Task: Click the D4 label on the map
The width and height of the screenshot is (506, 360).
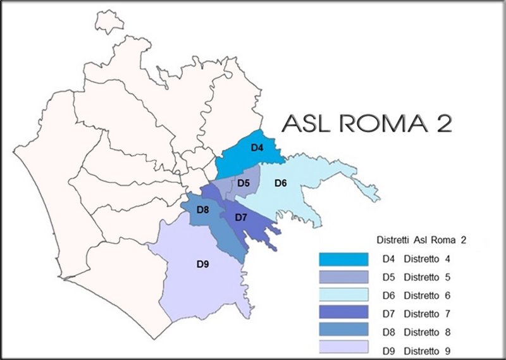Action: [x=257, y=148]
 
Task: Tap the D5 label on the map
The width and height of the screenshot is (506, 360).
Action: [x=244, y=183]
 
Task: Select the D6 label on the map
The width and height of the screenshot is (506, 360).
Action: [x=281, y=183]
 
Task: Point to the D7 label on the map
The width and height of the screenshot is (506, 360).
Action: [x=240, y=218]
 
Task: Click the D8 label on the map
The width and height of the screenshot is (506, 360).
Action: [x=203, y=209]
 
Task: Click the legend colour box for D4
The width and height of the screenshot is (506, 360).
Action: [x=343, y=259]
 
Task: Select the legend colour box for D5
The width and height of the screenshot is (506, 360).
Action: [x=343, y=277]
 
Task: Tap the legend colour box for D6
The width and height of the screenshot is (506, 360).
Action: [x=343, y=295]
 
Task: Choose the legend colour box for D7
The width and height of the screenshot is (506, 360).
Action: [x=343, y=313]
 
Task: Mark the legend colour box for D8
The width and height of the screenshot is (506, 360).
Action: [x=343, y=330]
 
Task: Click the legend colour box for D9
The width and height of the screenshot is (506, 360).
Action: [x=343, y=347]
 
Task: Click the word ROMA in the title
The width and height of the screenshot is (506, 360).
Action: [x=378, y=123]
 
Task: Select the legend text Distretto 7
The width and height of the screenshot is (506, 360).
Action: [x=431, y=313]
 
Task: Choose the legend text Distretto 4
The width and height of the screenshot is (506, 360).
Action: [x=431, y=259]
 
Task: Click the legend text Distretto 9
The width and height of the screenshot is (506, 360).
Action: [x=431, y=349]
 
